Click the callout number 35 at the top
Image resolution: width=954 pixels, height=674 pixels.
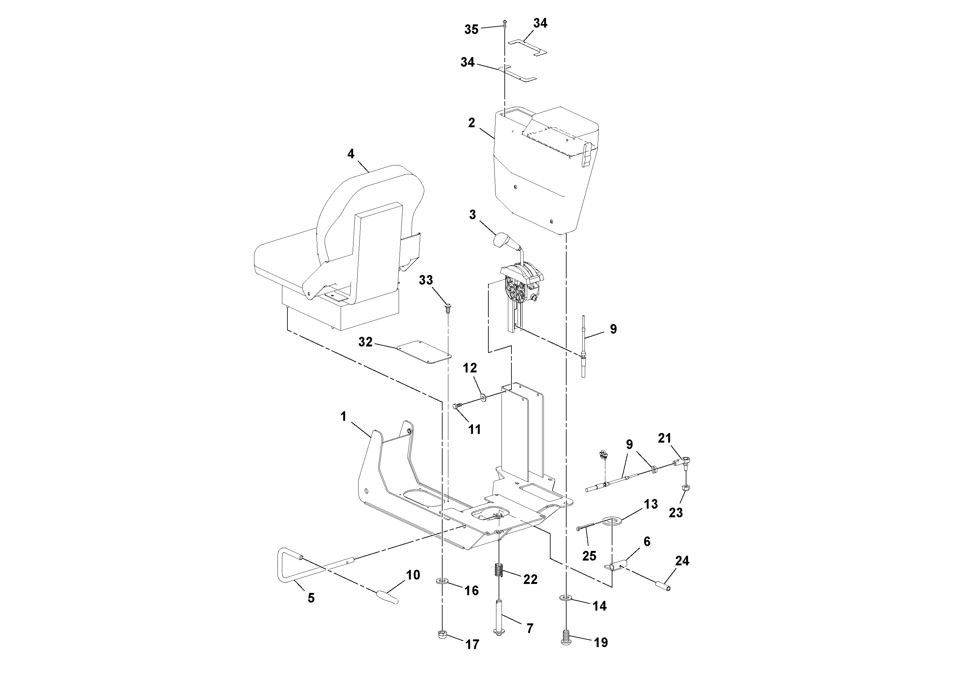[x=471, y=29]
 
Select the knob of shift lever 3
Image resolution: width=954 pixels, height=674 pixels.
[x=502, y=240]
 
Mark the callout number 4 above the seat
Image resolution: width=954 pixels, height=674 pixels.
[x=351, y=154]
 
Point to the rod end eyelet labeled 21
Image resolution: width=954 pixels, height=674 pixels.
[x=686, y=459]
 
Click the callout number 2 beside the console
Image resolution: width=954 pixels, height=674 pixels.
[x=471, y=123]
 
